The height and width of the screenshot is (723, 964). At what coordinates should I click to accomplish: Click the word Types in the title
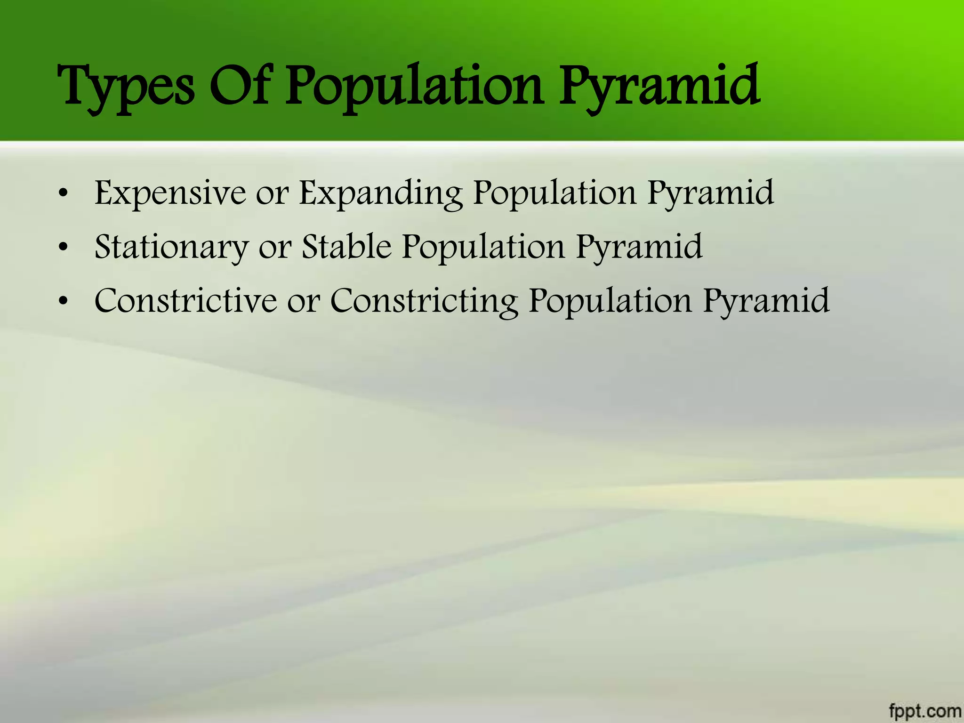click(125, 87)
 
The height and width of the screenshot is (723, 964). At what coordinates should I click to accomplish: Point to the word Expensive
click(170, 193)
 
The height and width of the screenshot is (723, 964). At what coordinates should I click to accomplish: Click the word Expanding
click(381, 193)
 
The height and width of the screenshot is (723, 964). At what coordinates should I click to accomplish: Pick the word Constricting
click(424, 301)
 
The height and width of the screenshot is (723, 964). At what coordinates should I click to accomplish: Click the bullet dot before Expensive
click(64, 193)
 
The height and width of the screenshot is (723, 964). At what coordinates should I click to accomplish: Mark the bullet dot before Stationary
click(64, 248)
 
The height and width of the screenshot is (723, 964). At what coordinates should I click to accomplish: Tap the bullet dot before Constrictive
click(64, 302)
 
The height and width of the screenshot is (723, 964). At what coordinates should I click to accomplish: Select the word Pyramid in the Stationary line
click(639, 247)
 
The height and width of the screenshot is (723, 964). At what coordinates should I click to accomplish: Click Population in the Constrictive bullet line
click(610, 301)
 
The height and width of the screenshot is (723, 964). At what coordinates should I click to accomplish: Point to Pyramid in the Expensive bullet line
click(710, 193)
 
